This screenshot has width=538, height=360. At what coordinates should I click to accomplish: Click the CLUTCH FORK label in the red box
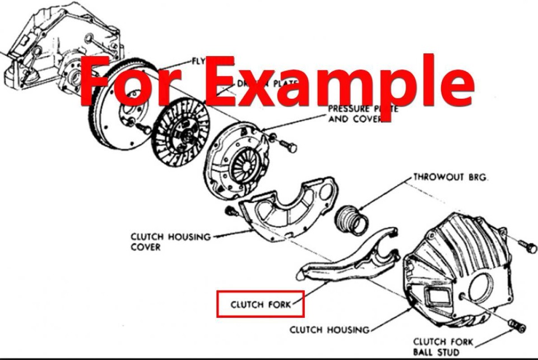261,304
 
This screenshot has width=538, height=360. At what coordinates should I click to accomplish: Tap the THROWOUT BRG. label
451,177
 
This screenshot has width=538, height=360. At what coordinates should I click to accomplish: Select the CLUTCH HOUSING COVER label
170,242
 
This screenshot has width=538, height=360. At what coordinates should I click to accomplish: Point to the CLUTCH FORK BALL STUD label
443,347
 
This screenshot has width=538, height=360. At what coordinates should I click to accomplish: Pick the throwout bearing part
351,219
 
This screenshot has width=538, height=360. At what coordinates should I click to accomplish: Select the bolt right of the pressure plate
289,147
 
